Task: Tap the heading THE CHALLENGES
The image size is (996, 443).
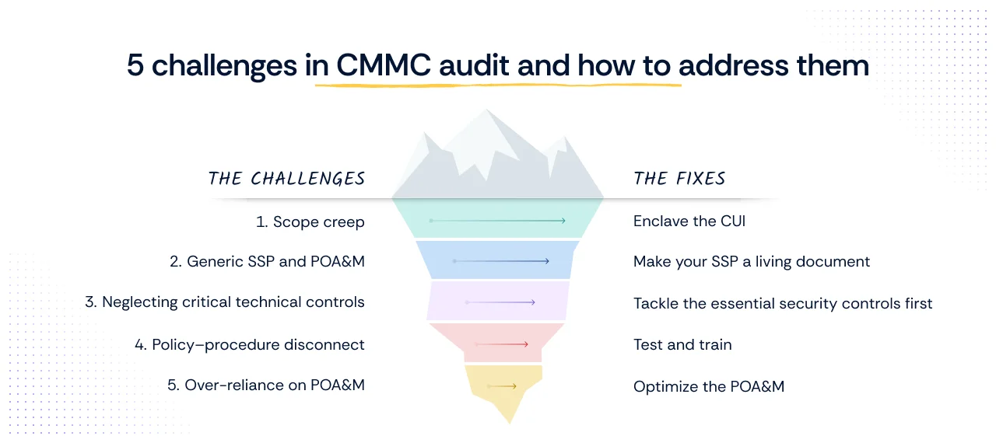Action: pos(286,179)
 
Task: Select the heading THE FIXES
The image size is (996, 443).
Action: pos(679,179)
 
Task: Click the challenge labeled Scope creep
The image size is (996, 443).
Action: pos(310,222)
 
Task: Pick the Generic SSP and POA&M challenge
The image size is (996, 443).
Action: pos(267,262)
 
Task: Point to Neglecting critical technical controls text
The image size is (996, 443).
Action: pos(225,302)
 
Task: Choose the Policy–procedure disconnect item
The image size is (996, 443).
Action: pos(250,344)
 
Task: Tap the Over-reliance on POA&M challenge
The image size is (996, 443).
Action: pos(266,385)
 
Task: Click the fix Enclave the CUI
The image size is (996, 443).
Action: pos(689,221)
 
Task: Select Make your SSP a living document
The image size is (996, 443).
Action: pos(752,262)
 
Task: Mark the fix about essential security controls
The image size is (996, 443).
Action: pos(783,303)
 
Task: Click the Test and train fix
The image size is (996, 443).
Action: pos(682,344)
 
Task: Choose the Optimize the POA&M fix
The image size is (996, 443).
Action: pos(709,386)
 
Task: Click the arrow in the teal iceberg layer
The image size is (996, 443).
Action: pos(497,221)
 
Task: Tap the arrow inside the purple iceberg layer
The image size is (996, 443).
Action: pos(500,302)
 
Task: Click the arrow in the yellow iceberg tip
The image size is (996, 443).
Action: pos(502,386)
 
